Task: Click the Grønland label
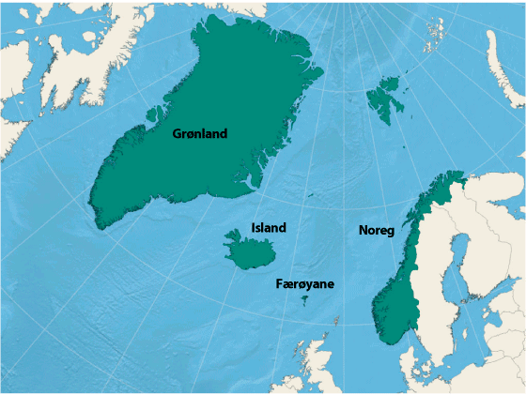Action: [199, 133]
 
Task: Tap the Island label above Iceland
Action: [269, 227]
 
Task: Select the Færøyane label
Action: [305, 283]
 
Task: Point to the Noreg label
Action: [376, 230]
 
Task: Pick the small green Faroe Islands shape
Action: [303, 300]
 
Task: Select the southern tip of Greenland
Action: [97, 222]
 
